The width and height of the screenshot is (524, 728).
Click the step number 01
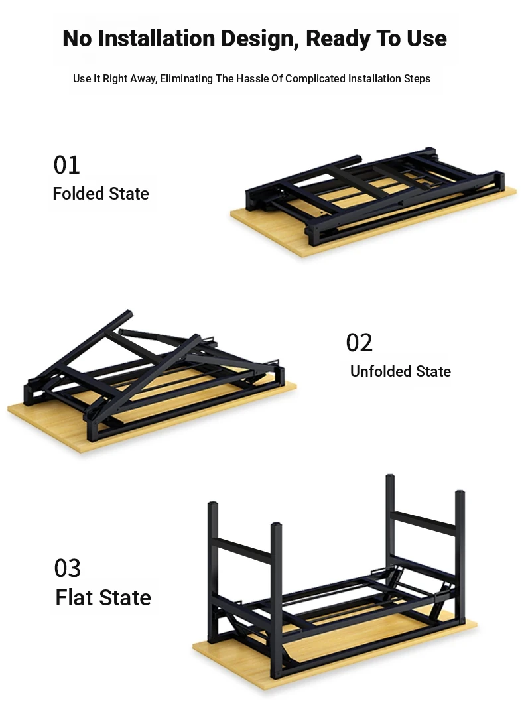pos(66,165)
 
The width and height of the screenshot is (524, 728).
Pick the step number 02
pos(359,343)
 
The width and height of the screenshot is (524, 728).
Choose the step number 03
pos(68,568)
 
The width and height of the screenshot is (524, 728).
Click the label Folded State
pos(101,194)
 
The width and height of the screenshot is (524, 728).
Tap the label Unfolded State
pos(401,371)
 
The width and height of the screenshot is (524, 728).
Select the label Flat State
pos(103,597)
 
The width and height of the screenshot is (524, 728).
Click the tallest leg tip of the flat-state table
pos(390,477)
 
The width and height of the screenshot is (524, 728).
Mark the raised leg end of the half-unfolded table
pos(127,313)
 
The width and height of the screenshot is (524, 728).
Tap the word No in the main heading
pos(77,38)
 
